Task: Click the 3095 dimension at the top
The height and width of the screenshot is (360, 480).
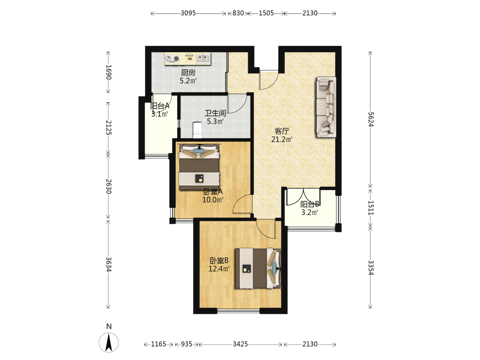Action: (x=188, y=13)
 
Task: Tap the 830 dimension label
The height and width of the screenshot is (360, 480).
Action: (x=238, y=13)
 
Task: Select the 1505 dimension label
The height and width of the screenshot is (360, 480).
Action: (x=266, y=13)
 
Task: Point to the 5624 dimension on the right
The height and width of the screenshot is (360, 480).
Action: (x=371, y=120)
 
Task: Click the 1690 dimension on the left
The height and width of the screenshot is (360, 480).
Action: (x=108, y=72)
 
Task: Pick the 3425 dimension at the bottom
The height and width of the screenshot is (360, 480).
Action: (x=240, y=344)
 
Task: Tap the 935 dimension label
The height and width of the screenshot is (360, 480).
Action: (x=186, y=344)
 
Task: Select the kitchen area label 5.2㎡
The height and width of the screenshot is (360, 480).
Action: (x=188, y=81)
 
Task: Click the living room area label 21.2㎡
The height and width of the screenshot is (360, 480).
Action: (x=282, y=140)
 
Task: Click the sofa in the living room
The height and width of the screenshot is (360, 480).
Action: (x=326, y=107)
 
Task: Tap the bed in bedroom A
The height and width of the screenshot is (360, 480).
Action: (x=199, y=167)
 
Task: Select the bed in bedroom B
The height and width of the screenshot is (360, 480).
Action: (x=258, y=268)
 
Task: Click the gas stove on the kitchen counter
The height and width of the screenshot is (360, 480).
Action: (x=172, y=59)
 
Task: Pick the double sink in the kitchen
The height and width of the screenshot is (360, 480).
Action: (x=203, y=58)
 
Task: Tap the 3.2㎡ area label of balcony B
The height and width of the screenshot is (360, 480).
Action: (x=310, y=213)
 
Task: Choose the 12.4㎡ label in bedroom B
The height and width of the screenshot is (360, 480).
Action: (x=219, y=269)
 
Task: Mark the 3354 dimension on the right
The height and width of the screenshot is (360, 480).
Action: (x=371, y=267)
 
